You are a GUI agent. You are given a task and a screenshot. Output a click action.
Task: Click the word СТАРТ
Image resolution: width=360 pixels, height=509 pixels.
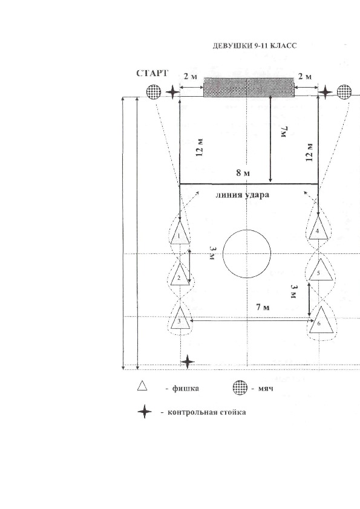click(x=152, y=73)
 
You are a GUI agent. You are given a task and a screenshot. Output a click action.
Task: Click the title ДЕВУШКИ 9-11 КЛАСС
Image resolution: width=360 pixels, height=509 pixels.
click(x=255, y=46)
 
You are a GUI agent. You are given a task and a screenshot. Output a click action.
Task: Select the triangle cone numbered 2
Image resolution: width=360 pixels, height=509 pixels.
click(x=180, y=274)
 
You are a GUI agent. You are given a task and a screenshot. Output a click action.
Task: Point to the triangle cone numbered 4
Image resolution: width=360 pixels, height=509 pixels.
click(x=318, y=228)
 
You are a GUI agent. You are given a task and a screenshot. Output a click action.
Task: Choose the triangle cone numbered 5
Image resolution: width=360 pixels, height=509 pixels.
click(x=321, y=270)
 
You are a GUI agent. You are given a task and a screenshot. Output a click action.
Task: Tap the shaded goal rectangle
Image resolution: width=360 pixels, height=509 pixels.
click(x=249, y=87)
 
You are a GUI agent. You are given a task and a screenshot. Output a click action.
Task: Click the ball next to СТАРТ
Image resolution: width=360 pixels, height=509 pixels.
click(x=153, y=92)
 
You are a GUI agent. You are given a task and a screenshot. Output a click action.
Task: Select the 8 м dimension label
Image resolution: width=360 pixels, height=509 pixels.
click(x=243, y=173)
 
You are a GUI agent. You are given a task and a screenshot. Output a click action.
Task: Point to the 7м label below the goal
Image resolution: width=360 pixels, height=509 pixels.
click(x=284, y=132)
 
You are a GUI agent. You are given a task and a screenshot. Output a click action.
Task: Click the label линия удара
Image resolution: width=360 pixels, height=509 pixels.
click(x=243, y=195)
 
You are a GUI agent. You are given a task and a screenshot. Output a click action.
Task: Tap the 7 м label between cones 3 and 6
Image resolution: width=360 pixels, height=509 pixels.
click(x=263, y=306)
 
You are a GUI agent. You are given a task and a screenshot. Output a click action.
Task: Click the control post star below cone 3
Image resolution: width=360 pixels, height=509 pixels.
click(x=188, y=362)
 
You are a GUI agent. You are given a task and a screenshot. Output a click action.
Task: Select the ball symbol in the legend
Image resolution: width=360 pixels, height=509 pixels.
click(x=240, y=388)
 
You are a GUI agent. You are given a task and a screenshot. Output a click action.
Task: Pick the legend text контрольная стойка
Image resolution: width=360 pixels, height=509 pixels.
click(x=207, y=412)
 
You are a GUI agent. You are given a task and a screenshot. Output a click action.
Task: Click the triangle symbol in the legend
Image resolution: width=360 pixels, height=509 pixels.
click(x=142, y=386)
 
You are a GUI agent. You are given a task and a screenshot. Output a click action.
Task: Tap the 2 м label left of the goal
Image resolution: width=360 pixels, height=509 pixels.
click(x=190, y=77)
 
